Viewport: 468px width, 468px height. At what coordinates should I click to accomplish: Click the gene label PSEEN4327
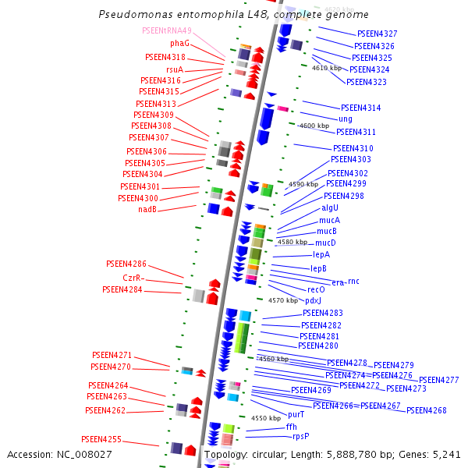377,34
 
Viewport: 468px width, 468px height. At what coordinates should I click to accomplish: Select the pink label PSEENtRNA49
166,30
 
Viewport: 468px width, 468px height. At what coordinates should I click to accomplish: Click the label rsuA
175,69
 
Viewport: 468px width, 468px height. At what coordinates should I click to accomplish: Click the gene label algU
330,208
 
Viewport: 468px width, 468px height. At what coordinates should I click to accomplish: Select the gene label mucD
325,243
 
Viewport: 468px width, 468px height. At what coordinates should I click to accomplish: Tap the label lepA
321,254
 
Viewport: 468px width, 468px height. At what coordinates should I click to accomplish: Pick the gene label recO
315,289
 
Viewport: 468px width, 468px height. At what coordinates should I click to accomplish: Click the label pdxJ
313,300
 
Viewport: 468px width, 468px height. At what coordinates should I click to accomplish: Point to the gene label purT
296,414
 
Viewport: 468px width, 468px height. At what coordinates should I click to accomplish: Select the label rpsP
300,436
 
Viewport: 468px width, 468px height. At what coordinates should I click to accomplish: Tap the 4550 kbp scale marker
264,418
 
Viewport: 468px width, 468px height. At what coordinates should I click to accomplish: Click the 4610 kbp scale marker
327,68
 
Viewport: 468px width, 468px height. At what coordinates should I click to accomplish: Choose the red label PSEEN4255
101,439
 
